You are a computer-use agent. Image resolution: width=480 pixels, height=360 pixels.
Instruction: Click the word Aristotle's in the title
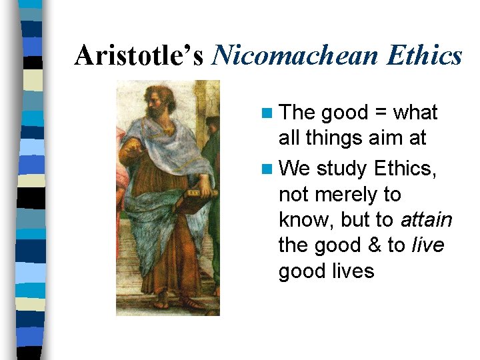point(139,55)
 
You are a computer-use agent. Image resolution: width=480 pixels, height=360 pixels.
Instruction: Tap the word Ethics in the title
point(427,55)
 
